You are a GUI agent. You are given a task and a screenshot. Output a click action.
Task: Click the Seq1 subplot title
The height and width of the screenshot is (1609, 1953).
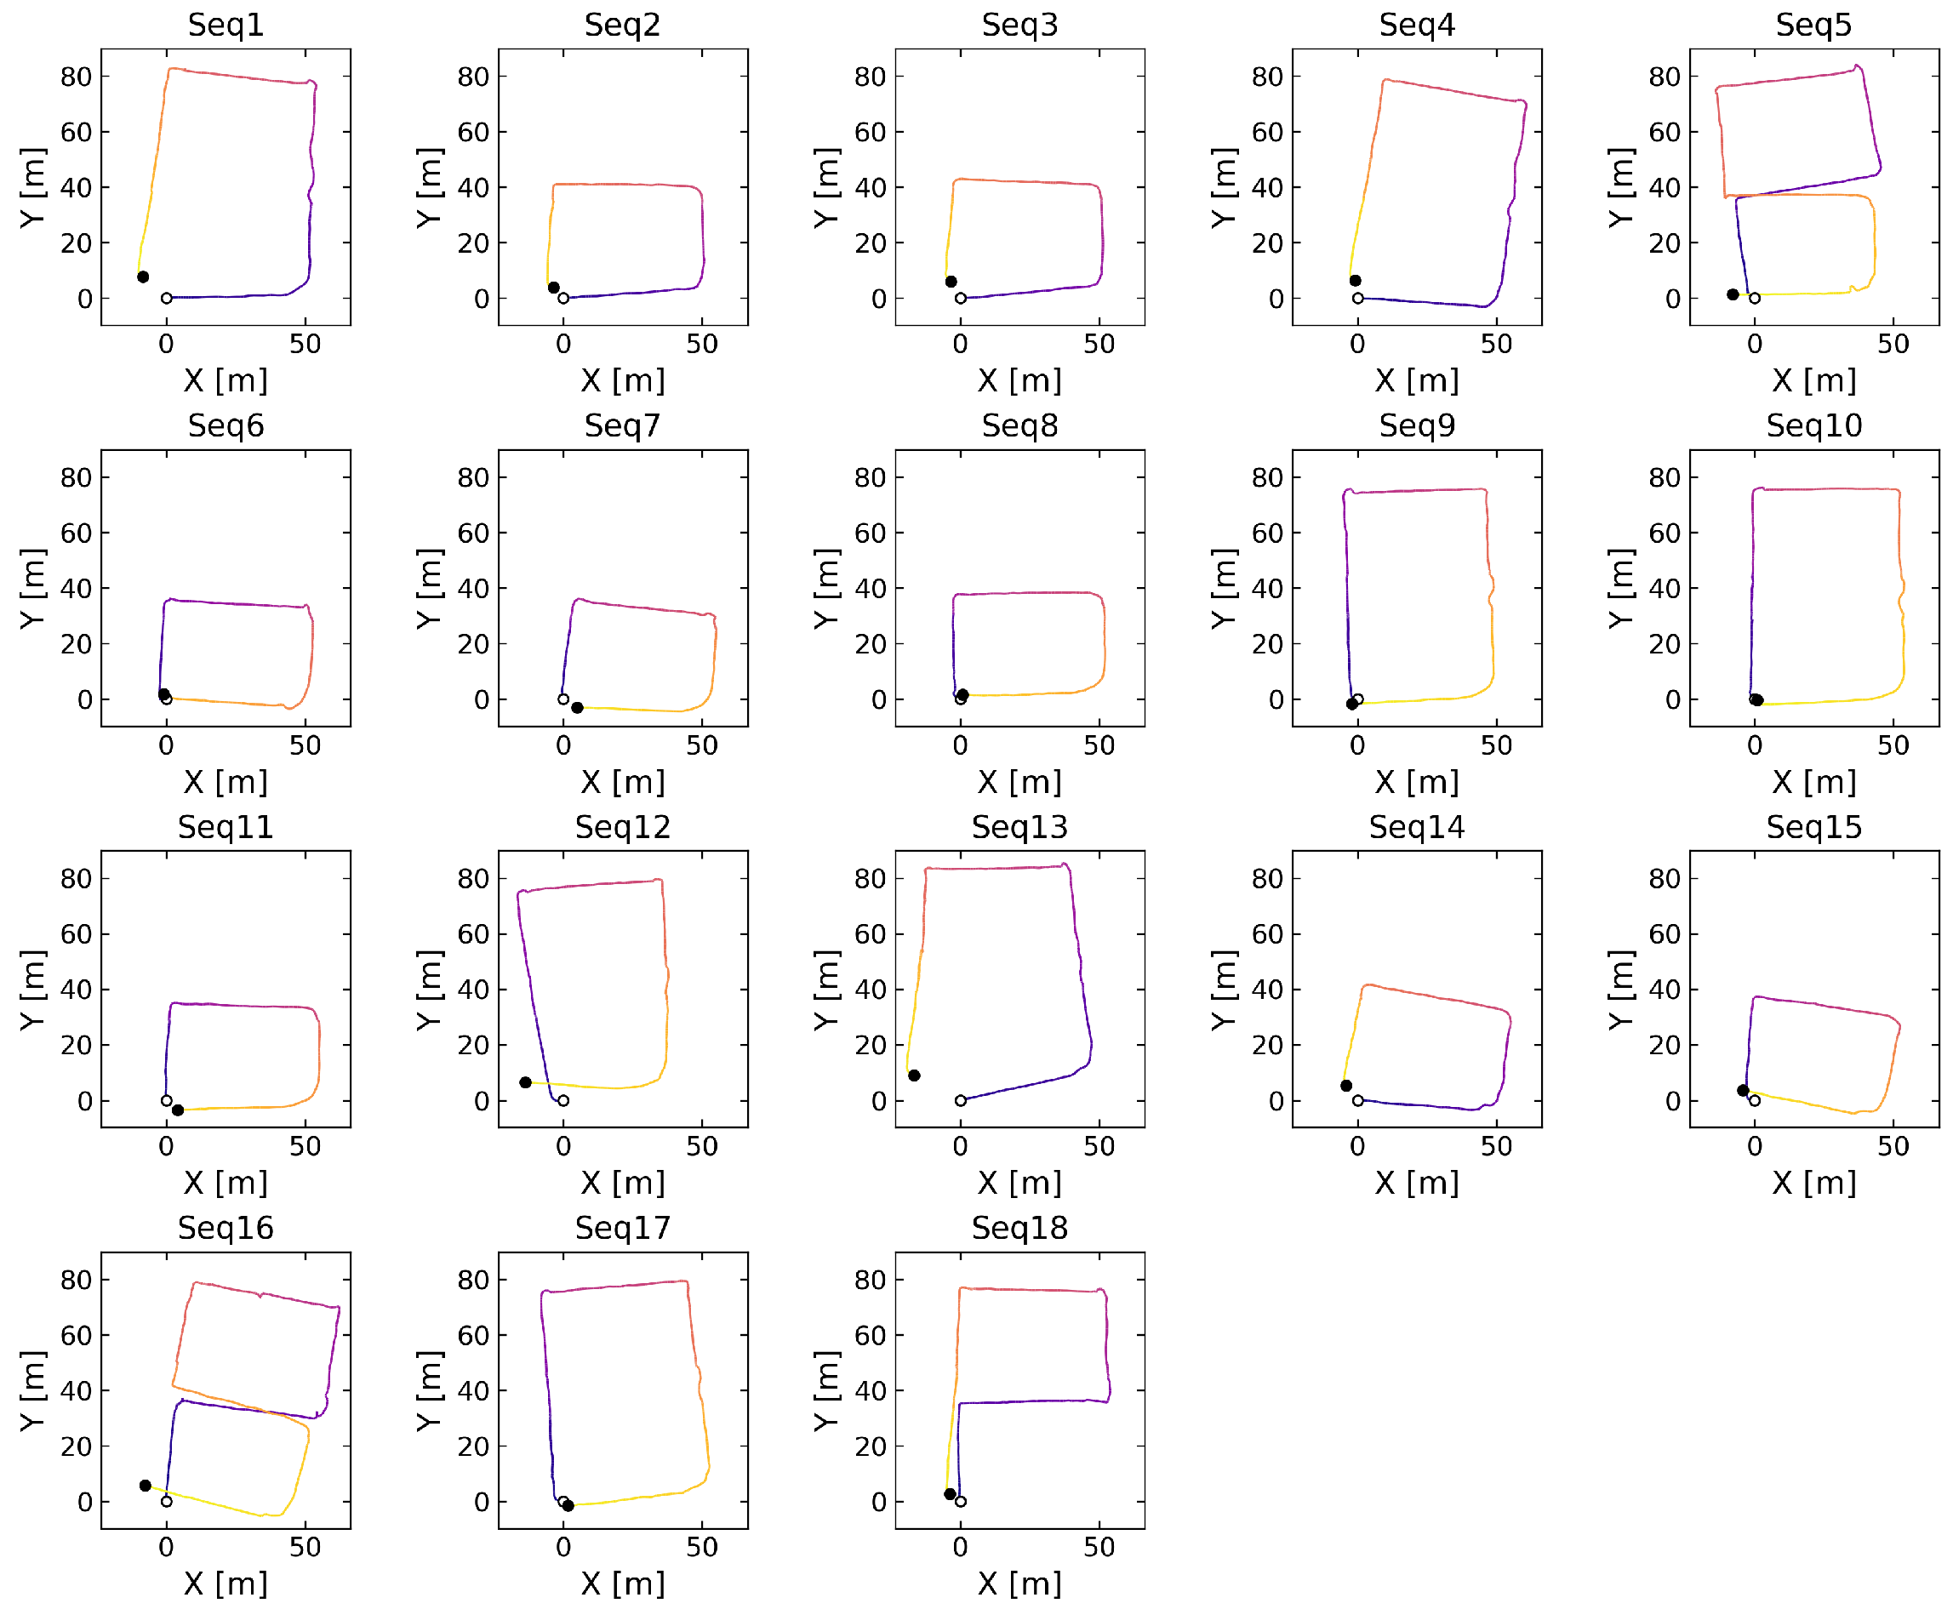(226, 24)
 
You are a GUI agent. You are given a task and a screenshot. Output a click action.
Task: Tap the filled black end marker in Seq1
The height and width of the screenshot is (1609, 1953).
(143, 277)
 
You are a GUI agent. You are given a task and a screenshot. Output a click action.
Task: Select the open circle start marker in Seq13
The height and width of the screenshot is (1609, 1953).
(960, 1100)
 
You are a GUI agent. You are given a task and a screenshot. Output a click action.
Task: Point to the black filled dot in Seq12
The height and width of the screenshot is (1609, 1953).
(526, 1081)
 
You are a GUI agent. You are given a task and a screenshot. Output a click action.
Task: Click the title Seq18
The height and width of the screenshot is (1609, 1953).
(1019, 1227)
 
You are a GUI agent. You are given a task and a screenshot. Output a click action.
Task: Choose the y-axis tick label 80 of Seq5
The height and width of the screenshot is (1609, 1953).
(1664, 76)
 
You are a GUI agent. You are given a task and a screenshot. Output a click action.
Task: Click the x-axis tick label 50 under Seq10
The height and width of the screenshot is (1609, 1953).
(1893, 745)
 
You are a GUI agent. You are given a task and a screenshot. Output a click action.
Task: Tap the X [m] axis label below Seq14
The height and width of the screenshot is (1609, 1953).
(1416, 1183)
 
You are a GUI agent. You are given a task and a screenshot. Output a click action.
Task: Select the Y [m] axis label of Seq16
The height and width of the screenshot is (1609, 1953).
(33, 1390)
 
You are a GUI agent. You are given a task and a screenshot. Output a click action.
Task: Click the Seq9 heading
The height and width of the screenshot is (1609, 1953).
(1416, 425)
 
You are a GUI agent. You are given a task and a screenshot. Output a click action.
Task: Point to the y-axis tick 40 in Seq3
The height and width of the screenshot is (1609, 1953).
(870, 187)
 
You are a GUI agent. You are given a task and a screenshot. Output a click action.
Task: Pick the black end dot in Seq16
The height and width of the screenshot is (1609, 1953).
(146, 1485)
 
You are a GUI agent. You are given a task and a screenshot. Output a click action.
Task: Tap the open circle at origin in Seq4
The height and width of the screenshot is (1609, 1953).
(1358, 299)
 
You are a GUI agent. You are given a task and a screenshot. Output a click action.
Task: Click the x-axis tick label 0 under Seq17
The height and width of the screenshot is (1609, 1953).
(562, 1547)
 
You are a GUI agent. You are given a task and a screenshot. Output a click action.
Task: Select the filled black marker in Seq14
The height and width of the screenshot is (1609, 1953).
(1346, 1086)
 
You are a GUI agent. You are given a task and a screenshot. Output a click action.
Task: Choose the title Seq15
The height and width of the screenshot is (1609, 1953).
(1813, 827)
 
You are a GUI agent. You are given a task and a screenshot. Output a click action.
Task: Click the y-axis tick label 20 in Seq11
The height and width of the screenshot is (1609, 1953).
(76, 1045)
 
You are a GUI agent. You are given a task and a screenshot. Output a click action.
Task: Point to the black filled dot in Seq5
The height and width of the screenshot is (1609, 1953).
(1733, 294)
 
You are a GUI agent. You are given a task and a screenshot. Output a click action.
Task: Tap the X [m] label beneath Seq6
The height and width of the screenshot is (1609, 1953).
(226, 781)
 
